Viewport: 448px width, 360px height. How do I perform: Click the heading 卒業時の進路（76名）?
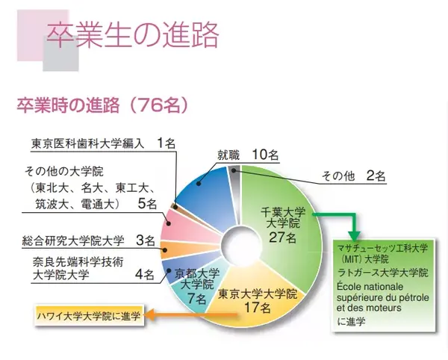tap(102, 105)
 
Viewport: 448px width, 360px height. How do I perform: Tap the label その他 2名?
tap(353, 177)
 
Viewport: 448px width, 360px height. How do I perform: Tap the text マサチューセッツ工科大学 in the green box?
tap(381, 246)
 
